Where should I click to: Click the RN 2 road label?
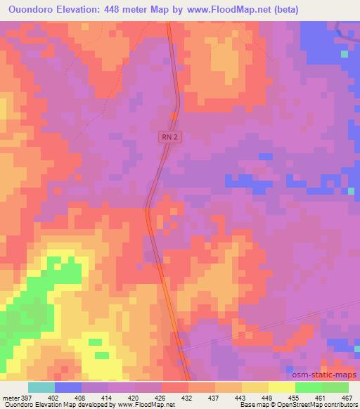click(x=169, y=140)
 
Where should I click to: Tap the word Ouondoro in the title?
click(x=33, y=10)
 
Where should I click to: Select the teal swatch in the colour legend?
click(x=41, y=387)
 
